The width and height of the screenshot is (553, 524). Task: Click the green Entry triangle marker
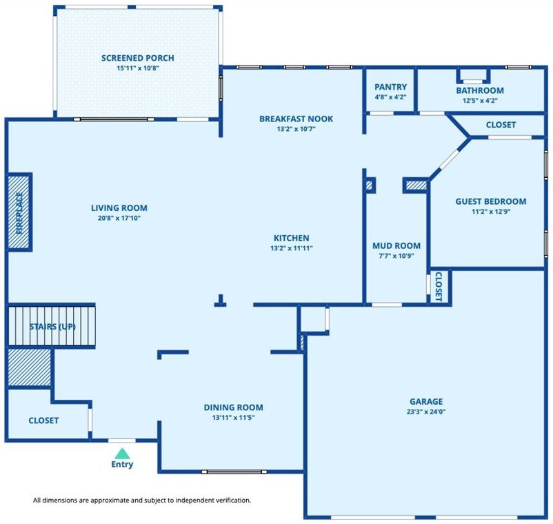[x=122, y=453]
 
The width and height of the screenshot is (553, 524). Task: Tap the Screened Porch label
[x=137, y=58]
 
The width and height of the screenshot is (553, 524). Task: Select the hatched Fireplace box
[x=20, y=212]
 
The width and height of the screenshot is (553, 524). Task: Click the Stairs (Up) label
[x=52, y=327]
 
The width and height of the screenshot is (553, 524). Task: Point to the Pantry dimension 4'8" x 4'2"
[x=390, y=97]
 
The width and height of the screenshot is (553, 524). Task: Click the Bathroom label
[x=480, y=90]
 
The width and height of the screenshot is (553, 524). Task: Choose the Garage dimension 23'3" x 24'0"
[x=426, y=412]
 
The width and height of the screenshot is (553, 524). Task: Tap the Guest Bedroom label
[x=491, y=201]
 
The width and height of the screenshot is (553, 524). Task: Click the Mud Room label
[x=396, y=245]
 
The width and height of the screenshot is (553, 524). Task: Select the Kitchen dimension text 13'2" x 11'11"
[x=291, y=248]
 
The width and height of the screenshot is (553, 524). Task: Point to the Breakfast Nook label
[x=296, y=119]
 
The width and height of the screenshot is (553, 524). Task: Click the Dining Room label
[x=234, y=407]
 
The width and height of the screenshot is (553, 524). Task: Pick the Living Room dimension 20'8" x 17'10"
[x=119, y=219]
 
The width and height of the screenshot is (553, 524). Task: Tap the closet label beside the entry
[x=43, y=421]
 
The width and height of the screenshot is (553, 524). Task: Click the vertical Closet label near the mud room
[x=439, y=287]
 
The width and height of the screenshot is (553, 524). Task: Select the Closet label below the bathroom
[x=501, y=125]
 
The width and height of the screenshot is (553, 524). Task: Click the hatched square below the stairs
[x=30, y=367]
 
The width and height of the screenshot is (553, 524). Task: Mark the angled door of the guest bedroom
[x=449, y=159]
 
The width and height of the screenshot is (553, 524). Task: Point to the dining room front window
[x=234, y=472]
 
